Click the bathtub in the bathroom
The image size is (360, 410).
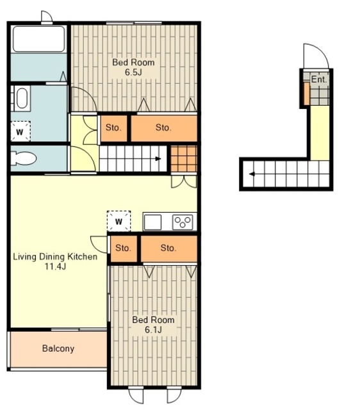coord(38,38)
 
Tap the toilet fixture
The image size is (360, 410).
coord(24,158)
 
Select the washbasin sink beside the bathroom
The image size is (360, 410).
coord(21,98)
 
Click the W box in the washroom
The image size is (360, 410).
coord(20,131)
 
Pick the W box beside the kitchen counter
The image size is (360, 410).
coord(119,221)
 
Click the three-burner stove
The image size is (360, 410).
coord(183,222)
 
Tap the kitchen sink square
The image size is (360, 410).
coord(152,222)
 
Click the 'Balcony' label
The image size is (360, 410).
coord(58,348)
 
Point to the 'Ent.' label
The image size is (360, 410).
coord(319,79)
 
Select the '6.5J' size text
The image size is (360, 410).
coord(133,72)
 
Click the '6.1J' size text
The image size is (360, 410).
coord(153,329)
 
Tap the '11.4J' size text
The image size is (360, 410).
coord(55,266)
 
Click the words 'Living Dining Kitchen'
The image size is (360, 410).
coord(55,257)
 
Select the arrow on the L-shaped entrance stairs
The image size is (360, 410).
coord(252,174)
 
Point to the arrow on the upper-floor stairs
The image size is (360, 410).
coord(158,159)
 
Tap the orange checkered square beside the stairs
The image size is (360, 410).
coord(184,159)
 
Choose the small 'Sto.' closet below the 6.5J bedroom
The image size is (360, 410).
coord(114,128)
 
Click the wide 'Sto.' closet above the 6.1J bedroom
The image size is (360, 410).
coord(169,249)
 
